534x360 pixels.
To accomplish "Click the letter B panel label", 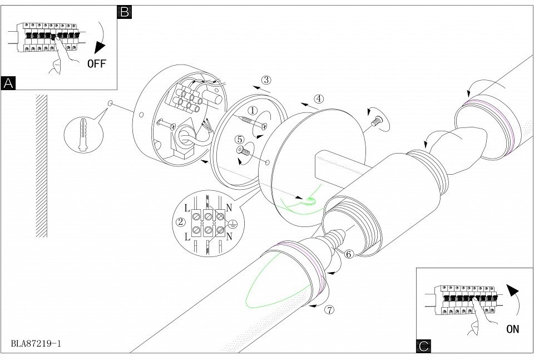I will pyautogui.click(x=125, y=12).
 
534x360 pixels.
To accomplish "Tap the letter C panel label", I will pyautogui.click(x=423, y=346).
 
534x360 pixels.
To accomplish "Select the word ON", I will pyautogui.click(x=512, y=328).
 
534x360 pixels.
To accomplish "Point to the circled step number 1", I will pyautogui.click(x=252, y=111).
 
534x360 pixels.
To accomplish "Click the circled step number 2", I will pyautogui.click(x=180, y=222).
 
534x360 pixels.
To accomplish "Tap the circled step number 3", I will pyautogui.click(x=266, y=80).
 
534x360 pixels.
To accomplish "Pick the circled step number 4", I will pyautogui.click(x=319, y=98).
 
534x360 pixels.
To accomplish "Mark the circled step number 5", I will pyautogui.click(x=240, y=140).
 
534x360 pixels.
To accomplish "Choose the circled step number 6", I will pyautogui.click(x=349, y=254).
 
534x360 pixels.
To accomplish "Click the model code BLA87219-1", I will pyautogui.click(x=36, y=343).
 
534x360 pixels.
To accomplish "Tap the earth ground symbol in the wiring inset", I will pyautogui.click(x=234, y=225).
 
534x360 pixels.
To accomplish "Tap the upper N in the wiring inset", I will pyautogui.click(x=228, y=207).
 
